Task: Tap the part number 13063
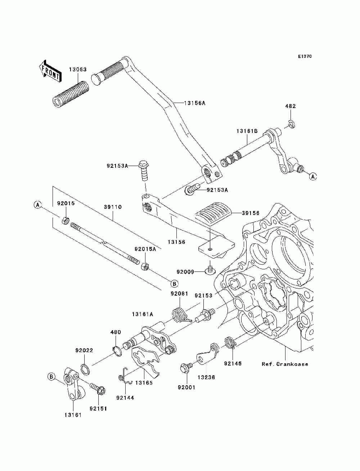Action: pos(78,69)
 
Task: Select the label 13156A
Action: pos(195,103)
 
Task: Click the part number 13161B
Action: pos(247,131)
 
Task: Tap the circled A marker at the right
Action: pos(313,176)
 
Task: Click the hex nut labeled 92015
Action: pos(65,220)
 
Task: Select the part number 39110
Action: pos(113,207)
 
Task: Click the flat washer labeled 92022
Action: pos(85,369)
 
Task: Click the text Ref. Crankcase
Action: pos(285,364)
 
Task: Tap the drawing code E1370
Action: pos(305,57)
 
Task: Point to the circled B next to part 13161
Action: pos(51,377)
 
